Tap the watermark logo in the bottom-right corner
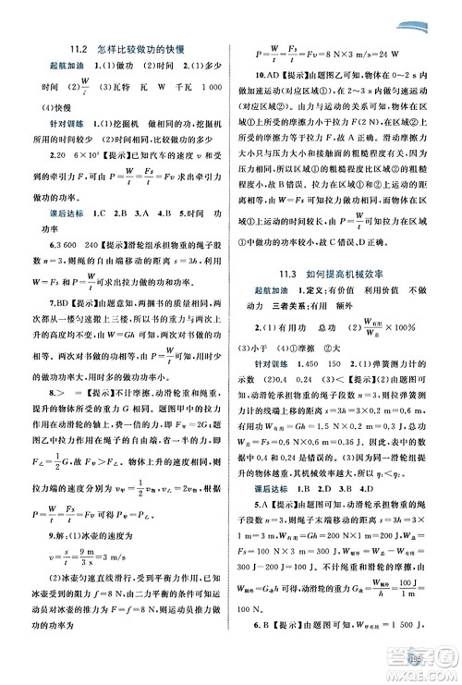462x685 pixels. (x=421, y=660)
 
